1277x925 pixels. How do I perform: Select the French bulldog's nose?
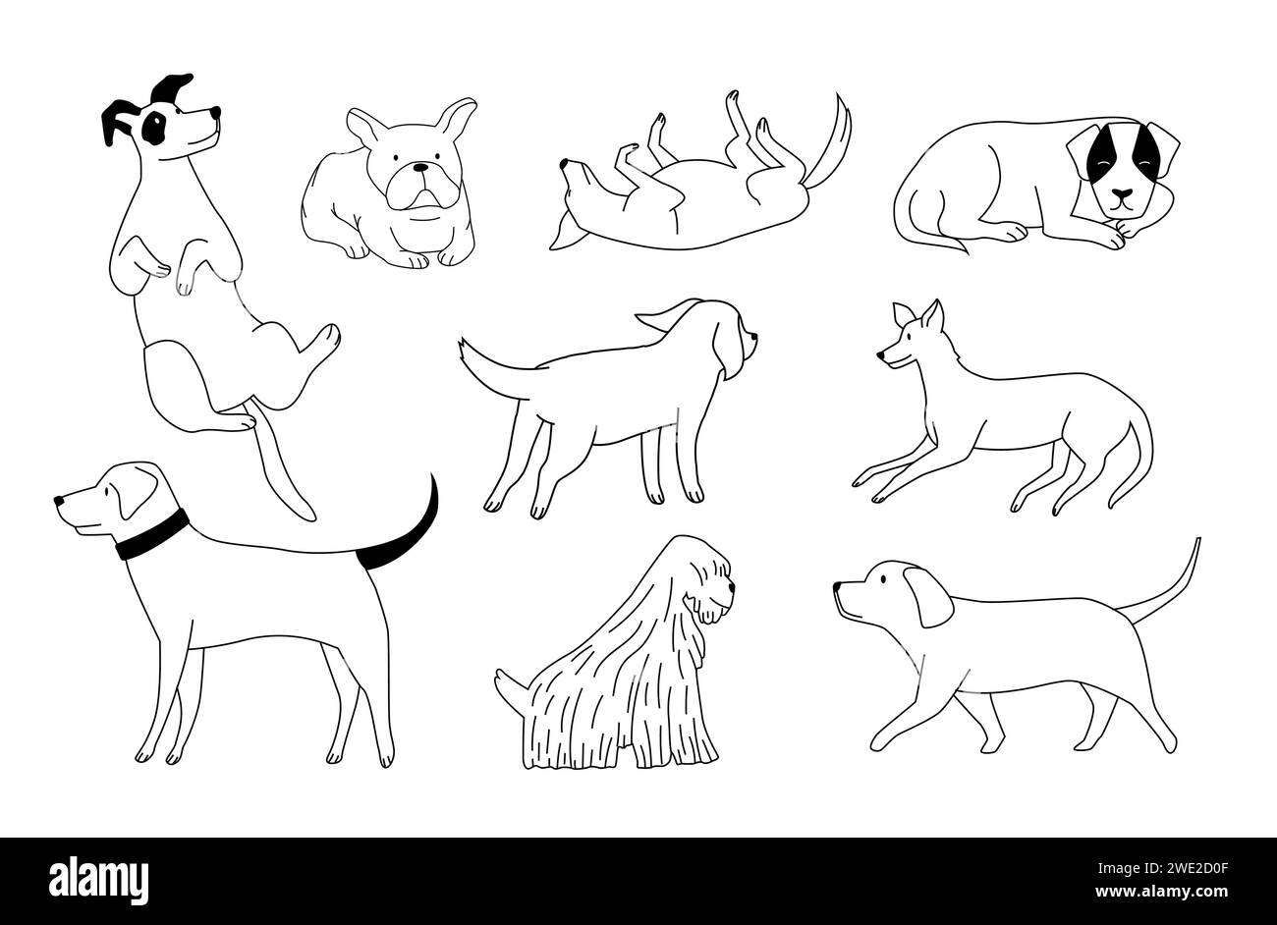coord(419,168)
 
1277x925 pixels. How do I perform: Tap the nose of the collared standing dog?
coord(60,500)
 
